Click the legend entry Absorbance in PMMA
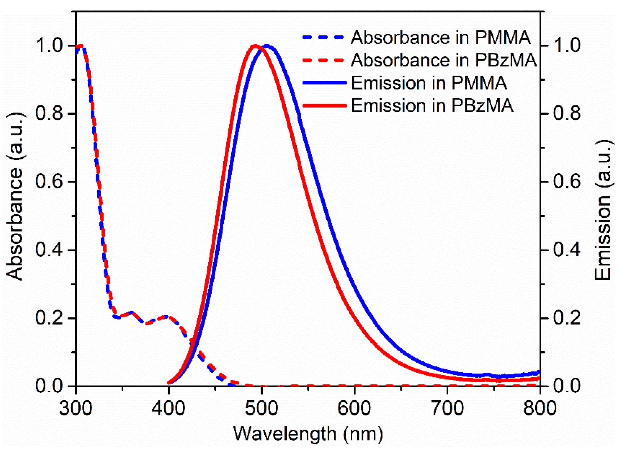click(x=441, y=38)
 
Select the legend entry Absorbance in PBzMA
click(x=444, y=60)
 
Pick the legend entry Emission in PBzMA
click(x=432, y=105)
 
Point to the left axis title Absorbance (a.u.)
click(x=15, y=197)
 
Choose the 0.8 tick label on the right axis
click(x=567, y=114)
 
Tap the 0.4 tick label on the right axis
click(x=567, y=250)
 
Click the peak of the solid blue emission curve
click(x=267, y=46)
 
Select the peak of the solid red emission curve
click(x=255, y=46)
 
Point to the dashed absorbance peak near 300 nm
click(x=81, y=46)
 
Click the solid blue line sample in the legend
click(x=324, y=83)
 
